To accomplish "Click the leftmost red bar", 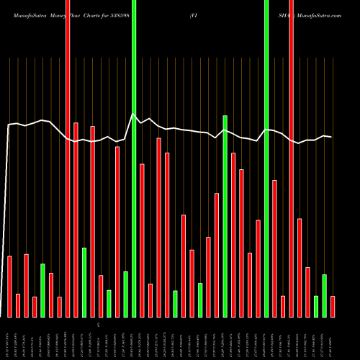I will pos(9,287).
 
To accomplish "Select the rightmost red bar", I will pos(333,306).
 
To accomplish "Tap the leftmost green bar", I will pos(42,290).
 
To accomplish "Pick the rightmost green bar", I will pos(324,295).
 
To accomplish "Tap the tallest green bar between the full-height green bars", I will pos(225,216).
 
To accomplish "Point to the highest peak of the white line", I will pos(132,114).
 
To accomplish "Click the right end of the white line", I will pos(331,137).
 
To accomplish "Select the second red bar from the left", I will pos(18,305).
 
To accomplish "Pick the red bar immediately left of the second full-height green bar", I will pos(258,268).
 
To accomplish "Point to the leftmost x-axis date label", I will pos(9,338).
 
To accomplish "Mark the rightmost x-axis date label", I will pos(333,338).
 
